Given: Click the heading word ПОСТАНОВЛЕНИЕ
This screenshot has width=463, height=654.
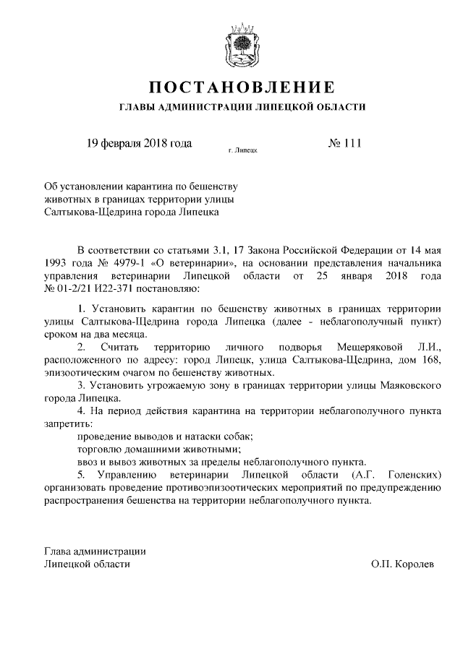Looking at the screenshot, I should point(242,88).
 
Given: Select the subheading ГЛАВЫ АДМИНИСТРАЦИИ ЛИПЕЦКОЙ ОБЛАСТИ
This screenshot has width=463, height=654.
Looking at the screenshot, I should point(242,107).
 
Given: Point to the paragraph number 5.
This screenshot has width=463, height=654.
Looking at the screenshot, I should point(81,475).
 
